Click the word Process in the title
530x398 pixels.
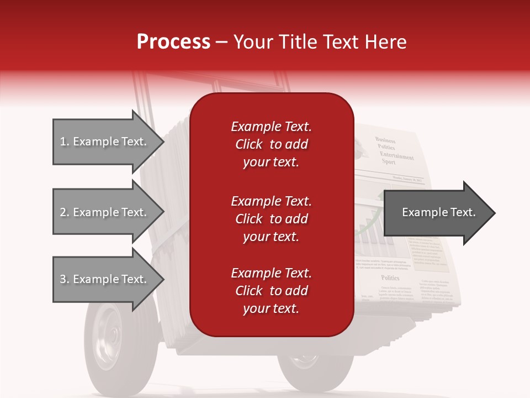173,42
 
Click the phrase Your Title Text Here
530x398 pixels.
320,42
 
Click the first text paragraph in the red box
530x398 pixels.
271,144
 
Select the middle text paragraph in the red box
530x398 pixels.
271,219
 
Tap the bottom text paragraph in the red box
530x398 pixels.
271,291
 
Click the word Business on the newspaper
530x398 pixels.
386,140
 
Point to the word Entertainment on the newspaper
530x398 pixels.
396,156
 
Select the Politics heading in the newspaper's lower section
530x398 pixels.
390,278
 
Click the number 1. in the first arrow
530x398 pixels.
64,142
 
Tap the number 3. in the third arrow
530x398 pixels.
64,279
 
